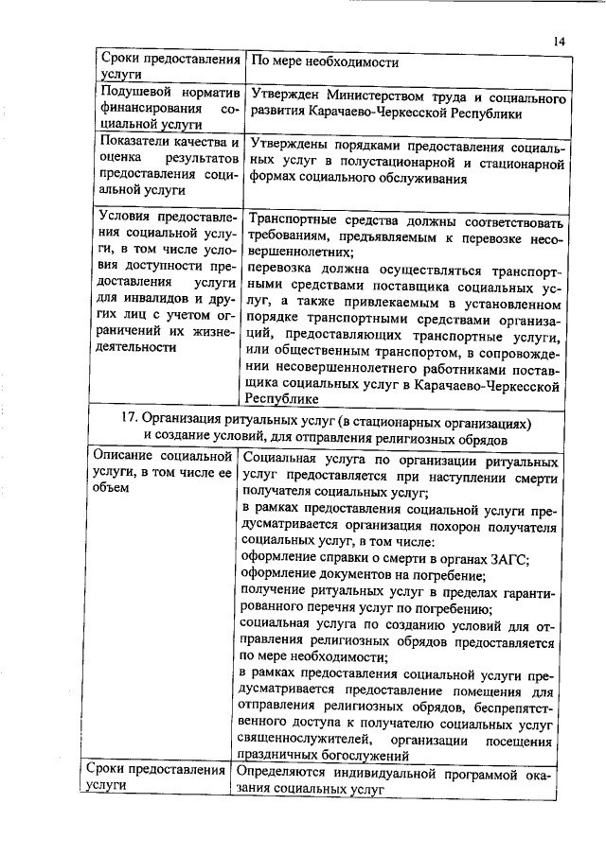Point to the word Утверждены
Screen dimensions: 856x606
pyautogui.click(x=289, y=148)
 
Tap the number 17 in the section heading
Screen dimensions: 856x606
pyautogui.click(x=132, y=421)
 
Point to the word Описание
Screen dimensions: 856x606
pyautogui.click(x=127, y=457)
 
